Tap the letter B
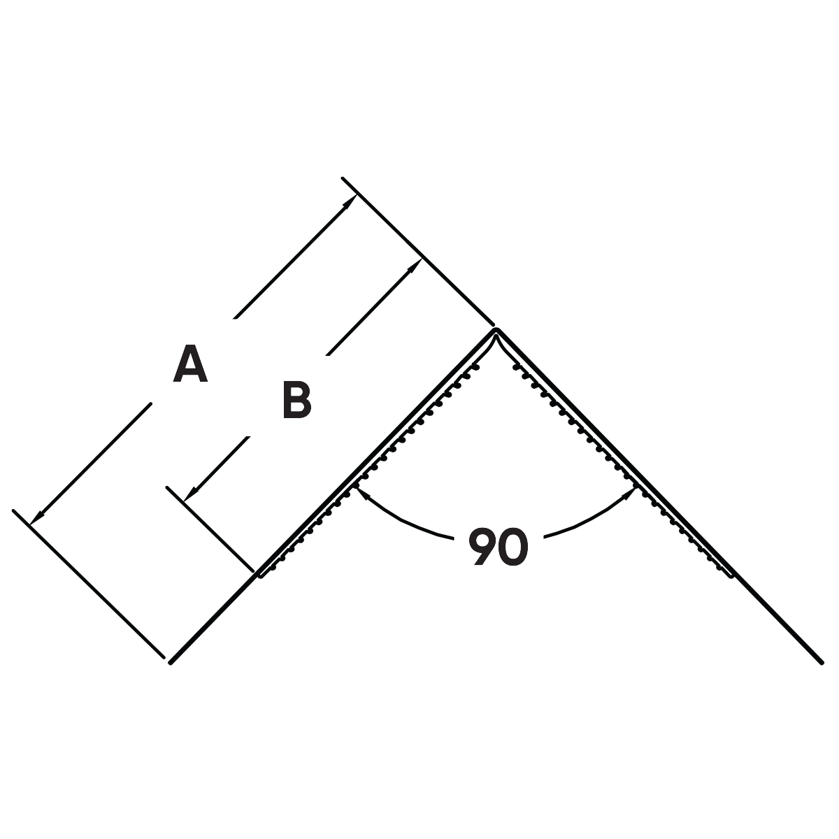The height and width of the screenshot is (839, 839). [x=296, y=401]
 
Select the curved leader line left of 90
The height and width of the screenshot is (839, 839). [x=406, y=521]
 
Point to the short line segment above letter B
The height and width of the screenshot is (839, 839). [x=346, y=338]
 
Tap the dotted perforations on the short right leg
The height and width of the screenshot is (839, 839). [x=528, y=381]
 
